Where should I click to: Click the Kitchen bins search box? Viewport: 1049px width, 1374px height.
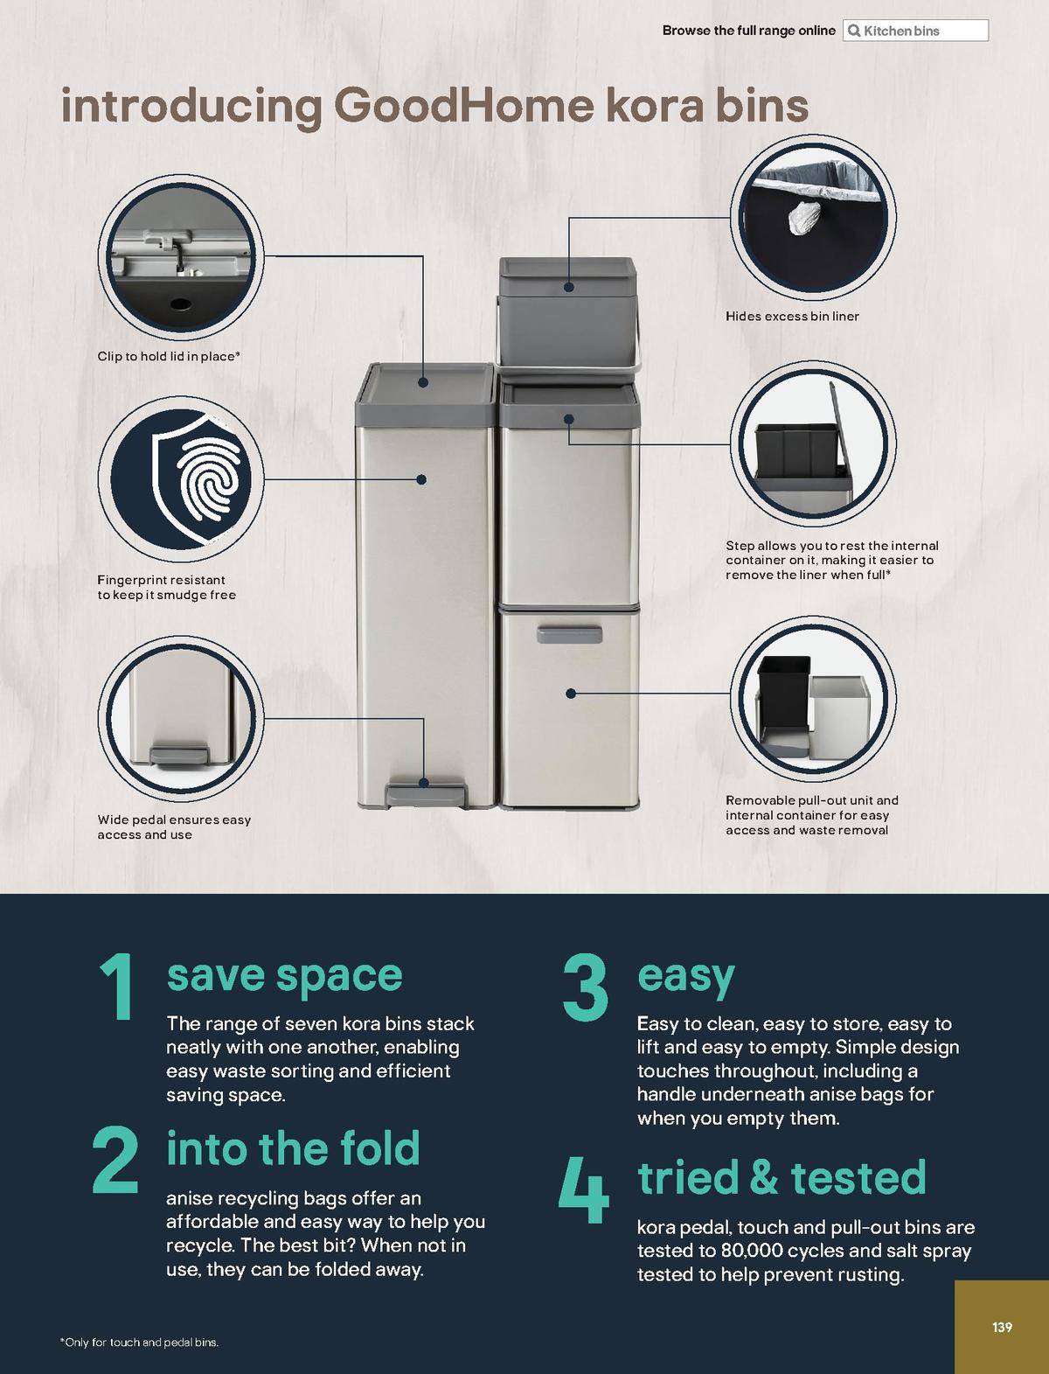pos(915,31)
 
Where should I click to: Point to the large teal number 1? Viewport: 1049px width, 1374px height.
pos(118,987)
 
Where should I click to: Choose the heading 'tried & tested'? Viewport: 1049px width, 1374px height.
pos(782,1177)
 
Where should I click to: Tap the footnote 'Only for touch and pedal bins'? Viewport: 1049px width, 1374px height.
pos(140,1342)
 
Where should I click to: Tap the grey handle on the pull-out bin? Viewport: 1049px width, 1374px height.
pos(569,634)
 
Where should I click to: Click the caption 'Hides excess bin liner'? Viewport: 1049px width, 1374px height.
pos(792,316)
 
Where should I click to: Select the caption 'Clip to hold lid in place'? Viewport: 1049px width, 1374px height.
pos(169,356)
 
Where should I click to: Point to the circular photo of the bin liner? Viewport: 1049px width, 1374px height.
pos(813,218)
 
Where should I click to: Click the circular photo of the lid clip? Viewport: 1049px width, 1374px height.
pos(181,257)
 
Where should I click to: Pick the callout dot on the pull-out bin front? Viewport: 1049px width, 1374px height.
pos(571,694)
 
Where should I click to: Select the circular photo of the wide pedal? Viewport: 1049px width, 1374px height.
pos(181,718)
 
